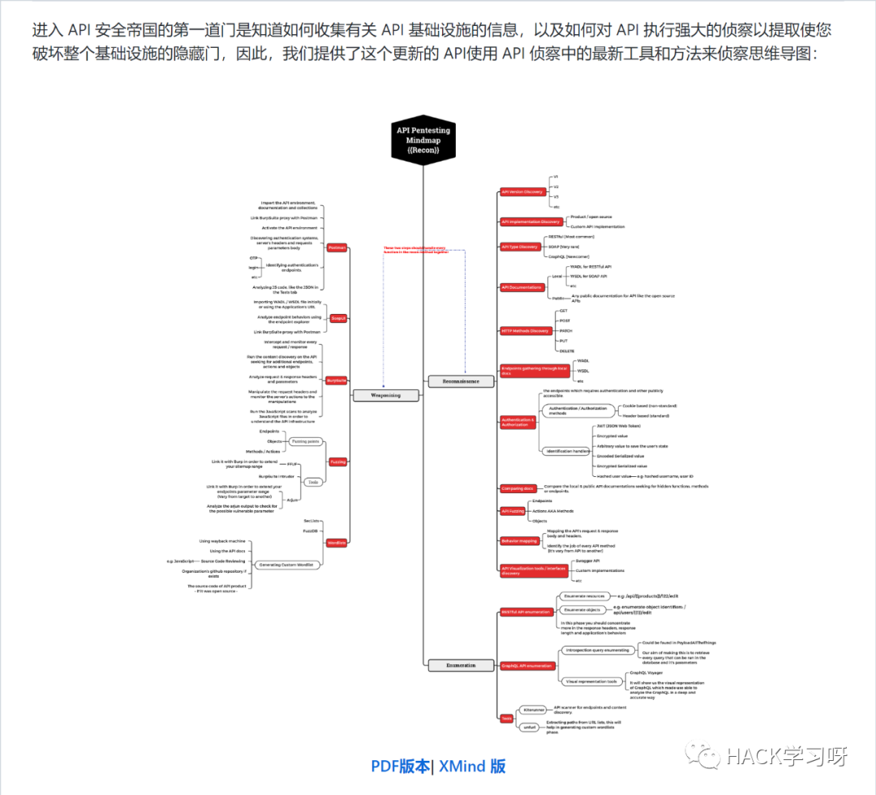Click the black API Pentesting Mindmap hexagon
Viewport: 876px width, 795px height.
pyautogui.click(x=423, y=140)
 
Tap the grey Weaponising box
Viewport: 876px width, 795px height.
pyautogui.click(x=387, y=395)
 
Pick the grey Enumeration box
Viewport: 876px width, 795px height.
pyautogui.click(x=461, y=665)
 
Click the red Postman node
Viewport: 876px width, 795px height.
pyautogui.click(x=337, y=247)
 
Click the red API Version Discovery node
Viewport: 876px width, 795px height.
pyautogui.click(x=522, y=192)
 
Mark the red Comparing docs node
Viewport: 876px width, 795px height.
pyautogui.click(x=517, y=488)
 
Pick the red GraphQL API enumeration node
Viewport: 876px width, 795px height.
pyautogui.click(x=527, y=666)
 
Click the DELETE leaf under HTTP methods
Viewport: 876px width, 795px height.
pyautogui.click(x=567, y=351)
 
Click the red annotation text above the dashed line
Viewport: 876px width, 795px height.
pyautogui.click(x=416, y=251)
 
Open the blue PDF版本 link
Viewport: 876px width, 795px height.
pyautogui.click(x=401, y=766)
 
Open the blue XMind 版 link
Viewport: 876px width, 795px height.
pyautogui.click(x=473, y=766)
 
